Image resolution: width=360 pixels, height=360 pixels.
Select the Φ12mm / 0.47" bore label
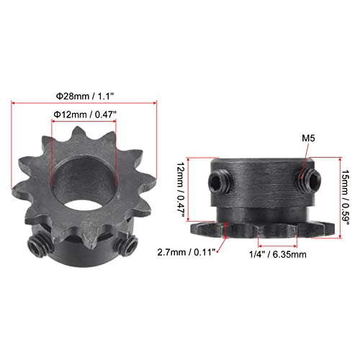[85, 114]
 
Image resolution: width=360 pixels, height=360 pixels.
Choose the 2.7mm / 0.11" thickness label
[184, 253]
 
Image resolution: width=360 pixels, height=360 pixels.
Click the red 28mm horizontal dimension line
[84, 104]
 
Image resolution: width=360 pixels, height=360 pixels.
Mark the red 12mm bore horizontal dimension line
[85, 122]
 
